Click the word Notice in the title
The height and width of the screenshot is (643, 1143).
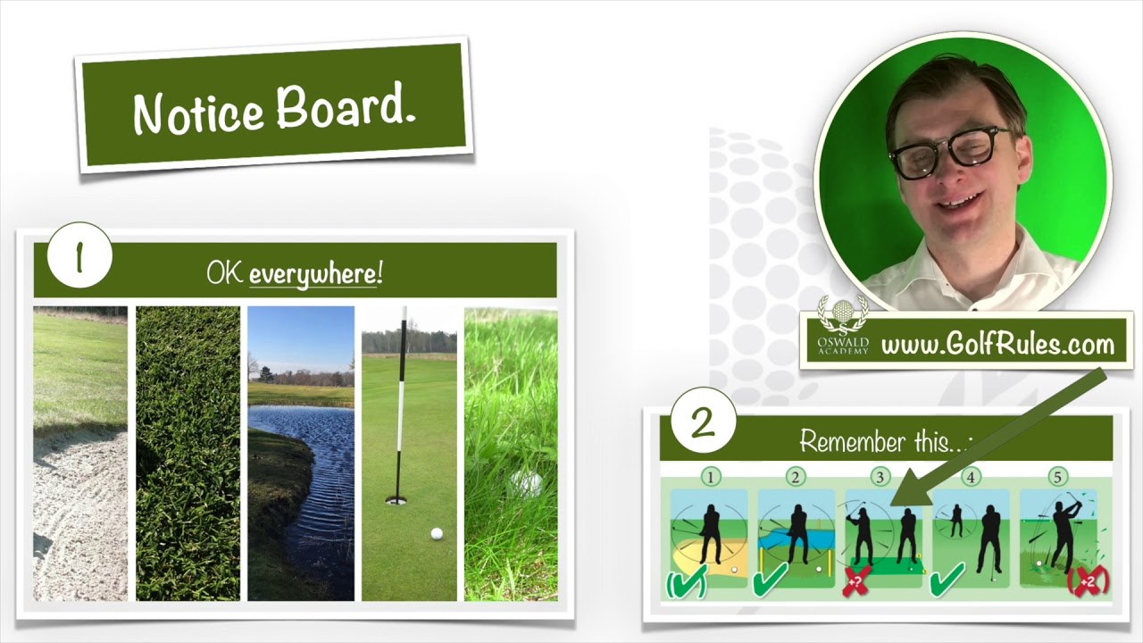[x=199, y=112]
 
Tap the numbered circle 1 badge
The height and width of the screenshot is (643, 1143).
[x=79, y=255]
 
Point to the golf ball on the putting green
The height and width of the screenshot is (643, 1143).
[x=437, y=534]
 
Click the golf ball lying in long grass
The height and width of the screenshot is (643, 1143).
[x=526, y=483]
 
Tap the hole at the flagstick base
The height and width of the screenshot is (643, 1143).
[x=395, y=501]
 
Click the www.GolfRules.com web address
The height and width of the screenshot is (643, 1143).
[x=997, y=345]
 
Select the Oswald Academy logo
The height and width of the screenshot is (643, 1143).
[x=842, y=325]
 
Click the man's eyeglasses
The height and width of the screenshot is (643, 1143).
[x=949, y=152]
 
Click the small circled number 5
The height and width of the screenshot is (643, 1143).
[x=1057, y=477]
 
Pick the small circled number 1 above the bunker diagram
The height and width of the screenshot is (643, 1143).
[x=710, y=477]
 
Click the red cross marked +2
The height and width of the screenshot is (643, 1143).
[x=1088, y=581]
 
